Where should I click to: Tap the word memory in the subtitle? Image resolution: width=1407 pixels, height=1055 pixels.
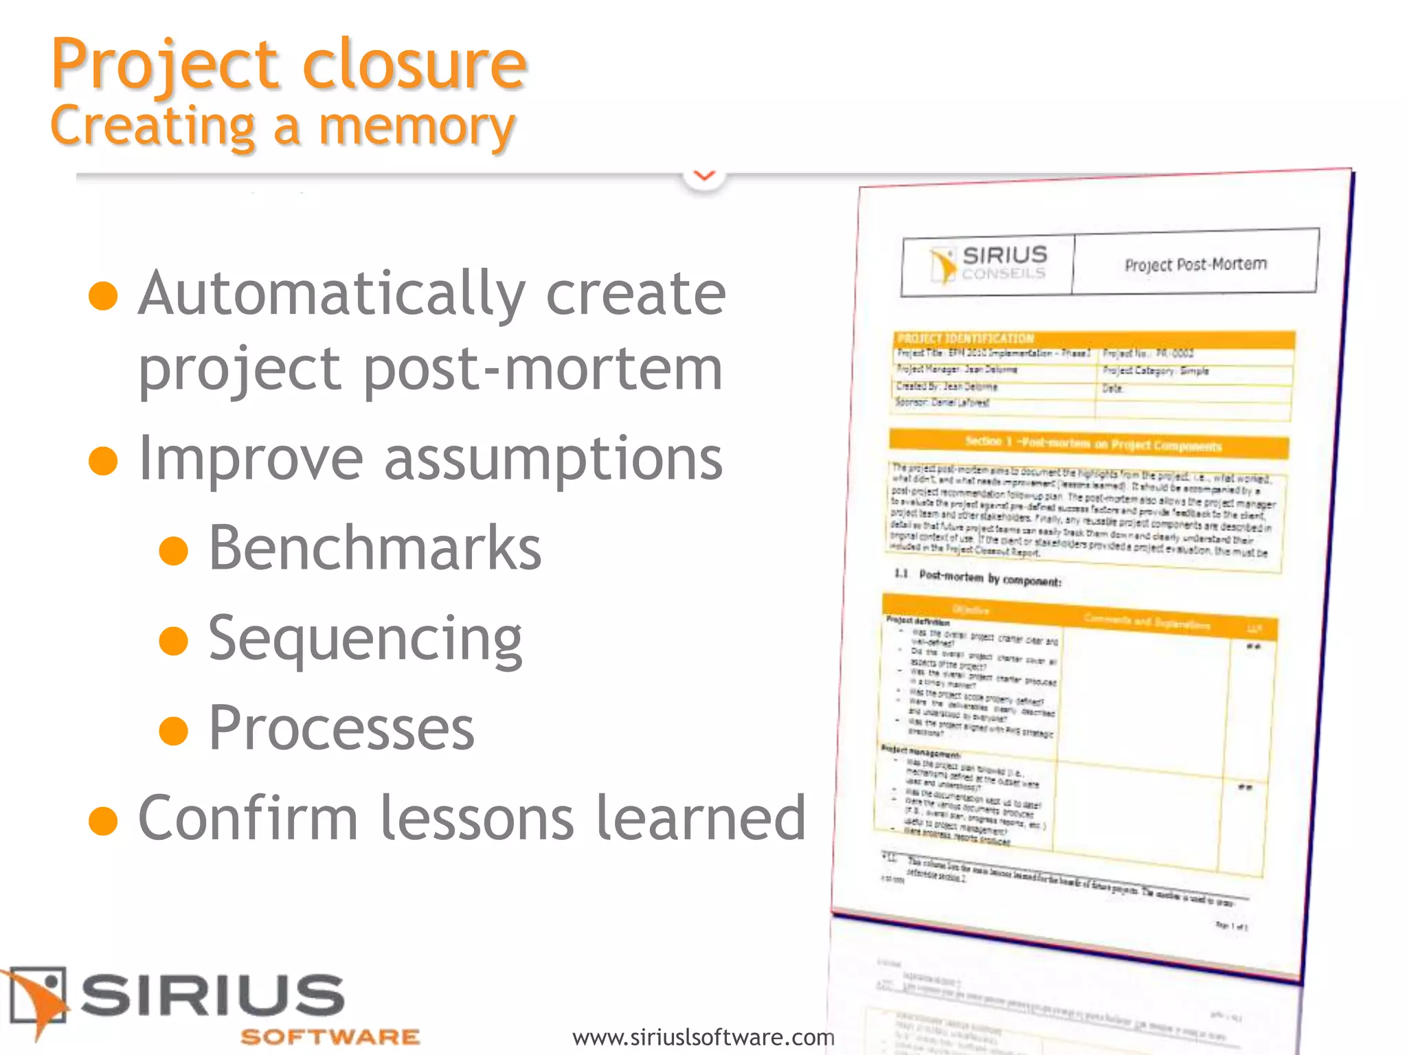click(417, 127)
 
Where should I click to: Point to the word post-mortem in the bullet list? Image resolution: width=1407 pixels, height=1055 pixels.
click(543, 369)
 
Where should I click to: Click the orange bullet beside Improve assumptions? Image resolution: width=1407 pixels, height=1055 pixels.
click(104, 460)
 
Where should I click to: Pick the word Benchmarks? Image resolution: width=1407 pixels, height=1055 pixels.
click(375, 548)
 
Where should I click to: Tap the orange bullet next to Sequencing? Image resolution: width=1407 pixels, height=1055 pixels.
click(173, 641)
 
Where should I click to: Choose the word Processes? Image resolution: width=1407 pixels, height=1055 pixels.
click(341, 728)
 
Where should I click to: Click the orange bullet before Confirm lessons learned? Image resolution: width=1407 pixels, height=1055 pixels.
click(104, 820)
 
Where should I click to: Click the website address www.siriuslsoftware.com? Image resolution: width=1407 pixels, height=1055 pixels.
click(703, 1036)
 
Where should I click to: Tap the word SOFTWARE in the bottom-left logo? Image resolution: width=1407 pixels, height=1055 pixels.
click(330, 1036)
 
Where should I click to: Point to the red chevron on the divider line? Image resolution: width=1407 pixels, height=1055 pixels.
click(704, 176)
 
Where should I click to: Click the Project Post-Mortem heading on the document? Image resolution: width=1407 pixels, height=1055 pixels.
click(1195, 264)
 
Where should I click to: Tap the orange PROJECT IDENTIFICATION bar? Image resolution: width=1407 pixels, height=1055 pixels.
click(1094, 339)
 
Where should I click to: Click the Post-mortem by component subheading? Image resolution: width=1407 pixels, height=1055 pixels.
click(989, 578)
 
